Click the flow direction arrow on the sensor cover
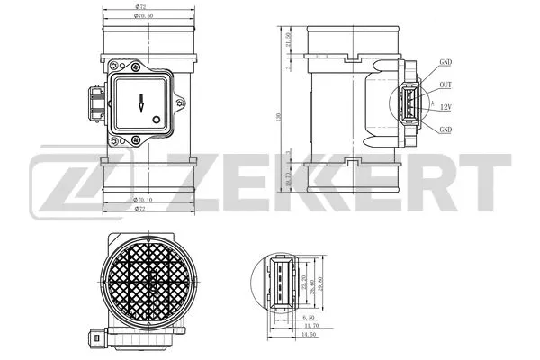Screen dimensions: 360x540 coord(140,102)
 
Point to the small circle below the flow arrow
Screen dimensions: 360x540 coord(156,118)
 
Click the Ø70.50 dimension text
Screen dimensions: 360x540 coord(143,16)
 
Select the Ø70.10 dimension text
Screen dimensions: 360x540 coord(143,201)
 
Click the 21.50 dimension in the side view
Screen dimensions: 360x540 coord(288,43)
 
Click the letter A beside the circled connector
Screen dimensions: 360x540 coord(433,105)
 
